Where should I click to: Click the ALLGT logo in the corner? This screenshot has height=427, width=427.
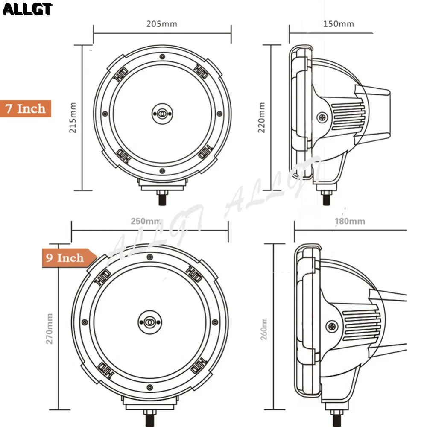pyautogui.click(x=27, y=9)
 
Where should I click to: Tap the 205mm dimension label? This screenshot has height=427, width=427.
pyautogui.click(x=162, y=24)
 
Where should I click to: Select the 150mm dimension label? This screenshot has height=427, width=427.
pyautogui.click(x=339, y=24)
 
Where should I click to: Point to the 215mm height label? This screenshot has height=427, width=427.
pyautogui.click(x=73, y=118)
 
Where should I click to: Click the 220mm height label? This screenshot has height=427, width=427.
pyautogui.click(x=261, y=118)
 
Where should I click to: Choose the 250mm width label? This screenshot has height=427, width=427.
pyautogui.click(x=146, y=221)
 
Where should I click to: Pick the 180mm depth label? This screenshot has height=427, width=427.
pyautogui.click(x=350, y=221)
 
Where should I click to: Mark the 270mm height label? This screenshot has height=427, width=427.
pyautogui.click(x=49, y=329)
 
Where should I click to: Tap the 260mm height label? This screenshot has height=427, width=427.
pyautogui.click(x=263, y=329)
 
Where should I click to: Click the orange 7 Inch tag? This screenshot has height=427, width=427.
pyautogui.click(x=26, y=108)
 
